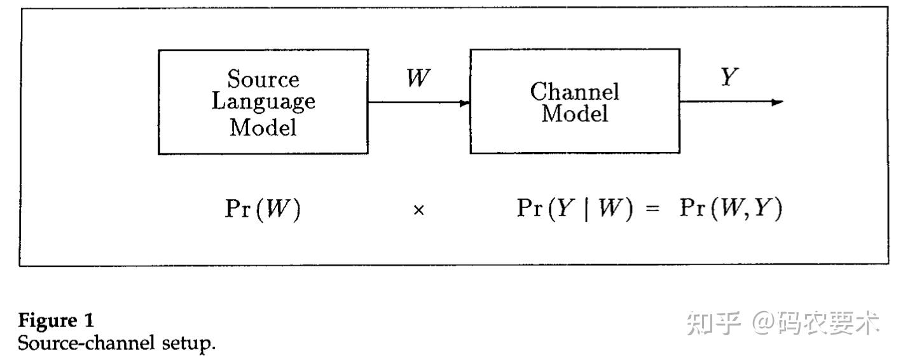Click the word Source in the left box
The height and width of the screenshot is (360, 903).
point(263,80)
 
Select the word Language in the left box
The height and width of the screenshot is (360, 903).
point(263,102)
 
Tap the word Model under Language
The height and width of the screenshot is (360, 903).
point(263,128)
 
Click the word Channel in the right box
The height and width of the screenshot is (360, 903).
point(574,92)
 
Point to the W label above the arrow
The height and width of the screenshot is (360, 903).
point(418,79)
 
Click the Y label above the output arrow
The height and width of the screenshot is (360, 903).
point(729,78)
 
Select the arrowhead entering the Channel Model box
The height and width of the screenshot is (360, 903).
point(465,103)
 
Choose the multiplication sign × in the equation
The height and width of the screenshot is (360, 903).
point(418,211)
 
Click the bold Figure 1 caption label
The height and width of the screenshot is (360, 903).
point(56,321)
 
